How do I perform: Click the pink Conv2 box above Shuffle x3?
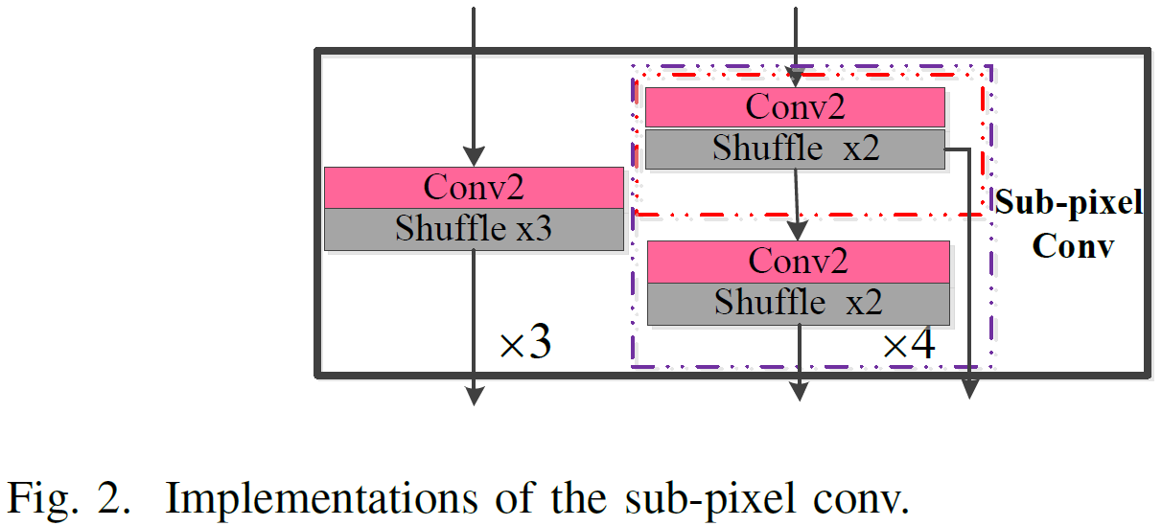pyautogui.click(x=474, y=188)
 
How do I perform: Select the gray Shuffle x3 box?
pyautogui.click(x=474, y=230)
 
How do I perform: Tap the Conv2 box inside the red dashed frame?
pyautogui.click(x=795, y=106)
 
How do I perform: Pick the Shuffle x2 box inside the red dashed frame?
pyautogui.click(x=795, y=149)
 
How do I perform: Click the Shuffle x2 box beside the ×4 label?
pyautogui.click(x=798, y=304)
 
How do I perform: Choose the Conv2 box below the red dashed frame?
pyautogui.click(x=798, y=261)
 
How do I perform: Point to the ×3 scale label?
pyautogui.click(x=525, y=344)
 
